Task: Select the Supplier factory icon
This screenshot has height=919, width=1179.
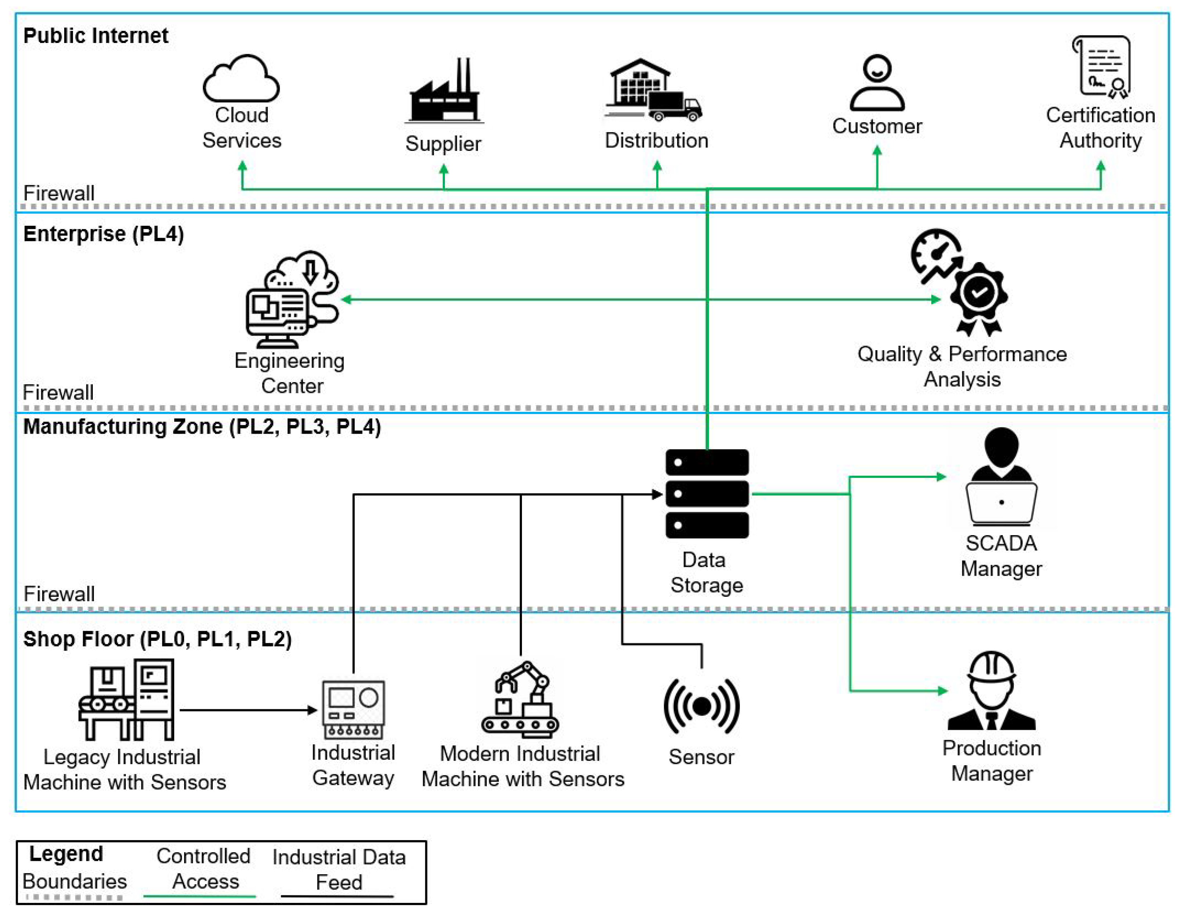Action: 444,92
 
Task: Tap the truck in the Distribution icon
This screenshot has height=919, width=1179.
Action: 675,106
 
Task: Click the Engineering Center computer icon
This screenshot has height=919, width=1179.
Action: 292,300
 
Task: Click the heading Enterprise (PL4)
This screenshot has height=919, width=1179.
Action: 104,234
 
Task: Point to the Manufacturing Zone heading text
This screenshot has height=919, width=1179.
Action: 202,427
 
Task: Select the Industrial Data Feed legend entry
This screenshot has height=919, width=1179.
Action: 339,870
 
